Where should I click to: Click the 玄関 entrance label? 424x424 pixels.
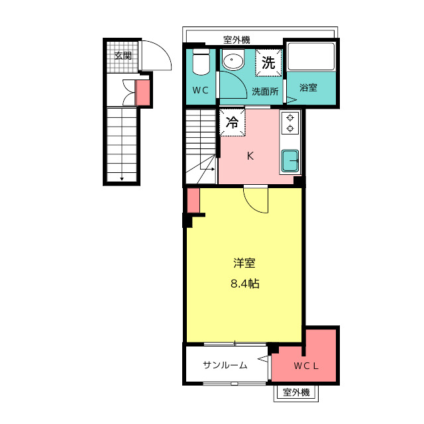(x=123, y=56)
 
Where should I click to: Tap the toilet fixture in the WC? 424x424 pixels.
(x=201, y=62)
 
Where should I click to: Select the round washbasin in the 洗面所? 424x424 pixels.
(x=233, y=59)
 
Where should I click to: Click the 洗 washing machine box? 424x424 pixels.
(x=268, y=63)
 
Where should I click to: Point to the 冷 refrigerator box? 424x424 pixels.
(x=233, y=122)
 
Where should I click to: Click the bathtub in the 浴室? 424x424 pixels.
(x=311, y=56)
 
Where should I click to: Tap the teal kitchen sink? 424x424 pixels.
(x=290, y=161)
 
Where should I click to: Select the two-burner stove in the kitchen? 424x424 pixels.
(x=290, y=123)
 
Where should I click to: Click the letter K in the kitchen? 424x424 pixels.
(x=250, y=156)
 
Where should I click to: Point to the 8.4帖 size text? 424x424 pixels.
(x=245, y=284)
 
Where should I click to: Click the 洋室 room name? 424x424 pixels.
(x=244, y=263)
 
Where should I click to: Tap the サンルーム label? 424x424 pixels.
(x=225, y=365)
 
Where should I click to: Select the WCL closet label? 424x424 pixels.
(x=306, y=366)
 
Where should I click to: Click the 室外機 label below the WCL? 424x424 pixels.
(x=296, y=392)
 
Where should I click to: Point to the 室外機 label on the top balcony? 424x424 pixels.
(x=237, y=40)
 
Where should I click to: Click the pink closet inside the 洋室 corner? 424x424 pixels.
(x=193, y=200)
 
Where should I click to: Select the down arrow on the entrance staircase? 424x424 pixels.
(x=122, y=178)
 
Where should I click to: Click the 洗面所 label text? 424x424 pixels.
(x=265, y=91)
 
